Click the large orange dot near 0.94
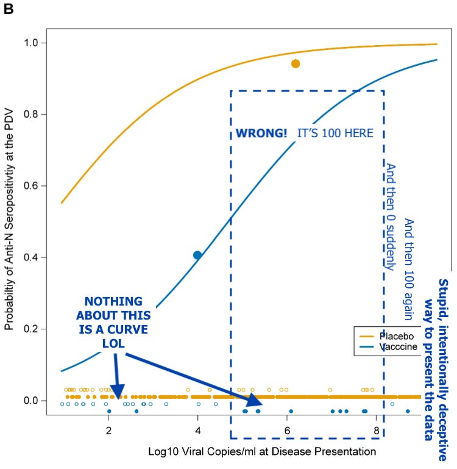click(x=296, y=63)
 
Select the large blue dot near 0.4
click(x=197, y=255)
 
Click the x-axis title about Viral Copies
click(x=262, y=452)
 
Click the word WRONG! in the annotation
click(x=261, y=133)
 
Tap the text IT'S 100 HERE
click(x=335, y=133)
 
